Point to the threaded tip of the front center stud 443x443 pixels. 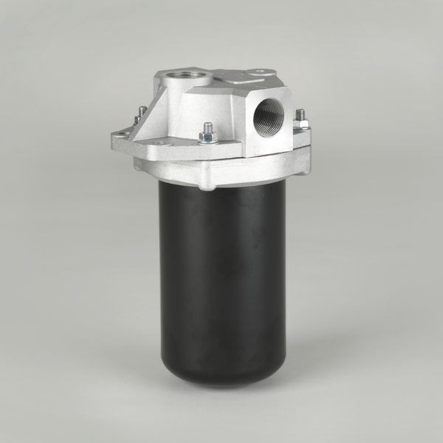pos(207,126)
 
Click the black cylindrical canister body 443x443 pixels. pos(221,281)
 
